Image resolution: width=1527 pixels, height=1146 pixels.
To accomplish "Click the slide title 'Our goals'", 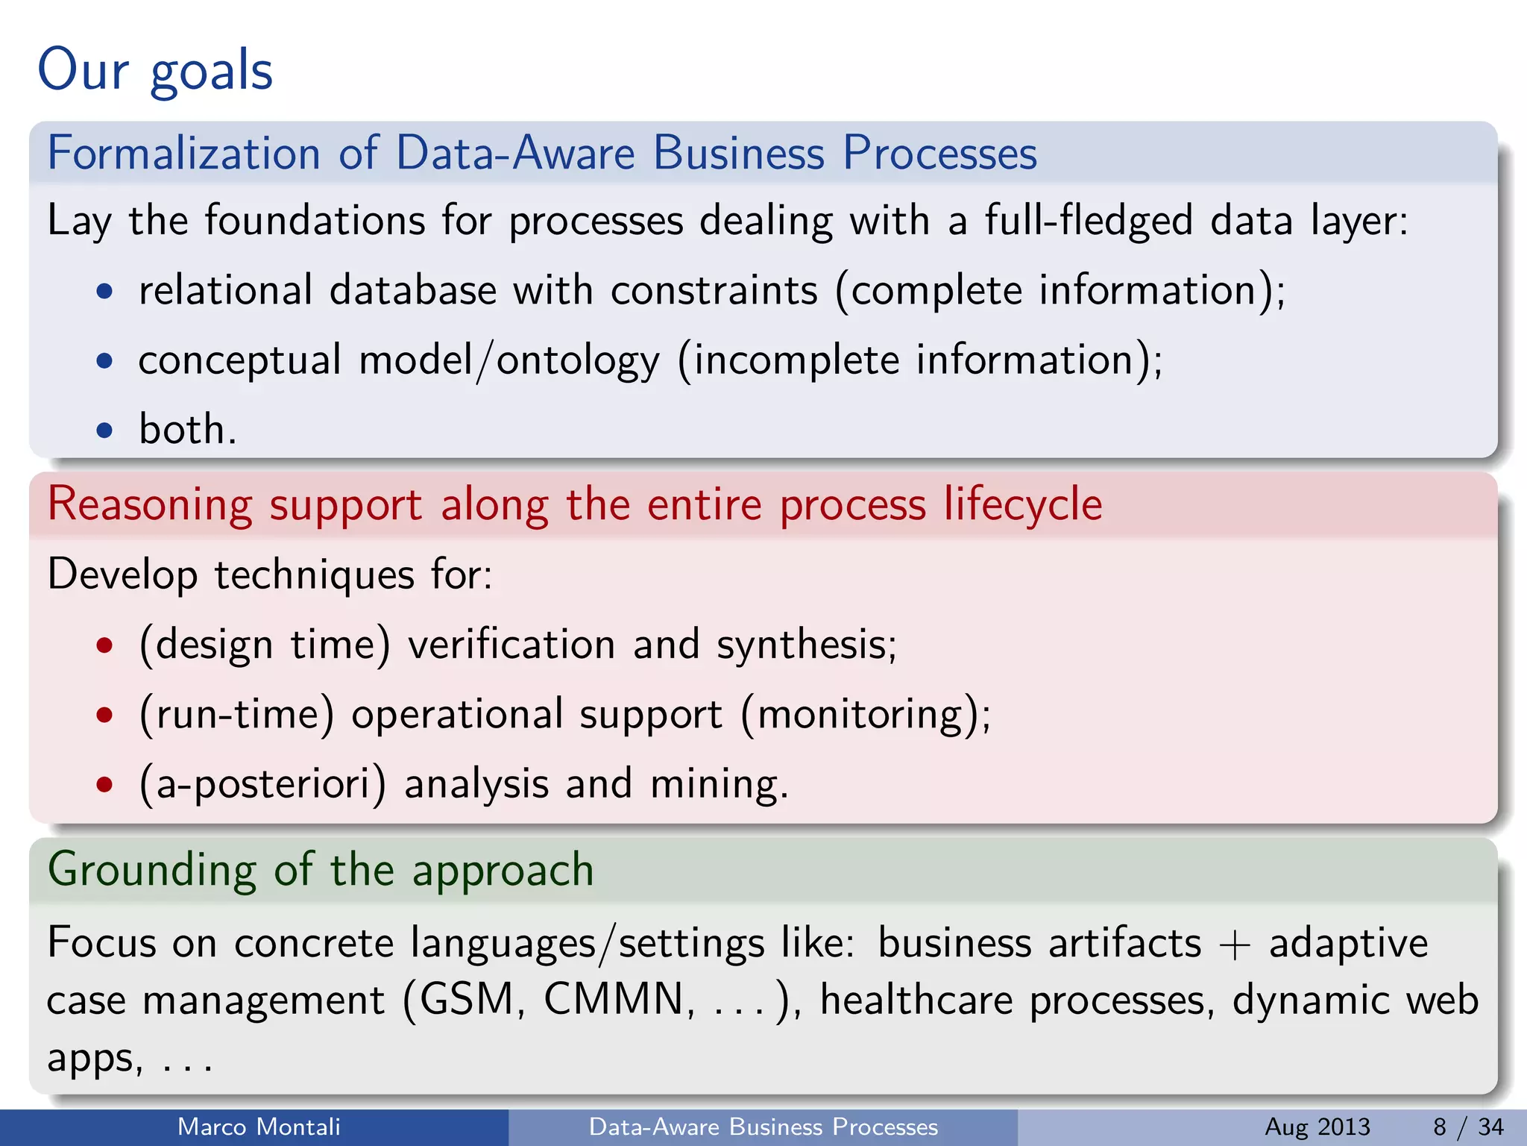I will [155, 69].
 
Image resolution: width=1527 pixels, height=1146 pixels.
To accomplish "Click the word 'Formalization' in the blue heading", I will [183, 153].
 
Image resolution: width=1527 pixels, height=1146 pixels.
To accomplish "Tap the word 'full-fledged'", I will [1089, 221].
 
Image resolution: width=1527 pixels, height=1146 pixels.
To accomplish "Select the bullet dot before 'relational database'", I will [105, 292].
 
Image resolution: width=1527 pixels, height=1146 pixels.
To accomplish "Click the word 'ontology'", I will [578, 361].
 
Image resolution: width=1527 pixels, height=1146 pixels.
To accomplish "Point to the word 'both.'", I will [187, 430].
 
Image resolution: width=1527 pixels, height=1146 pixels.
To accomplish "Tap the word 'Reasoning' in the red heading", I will [149, 505].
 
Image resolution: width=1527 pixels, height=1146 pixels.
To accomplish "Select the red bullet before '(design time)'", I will [105, 645].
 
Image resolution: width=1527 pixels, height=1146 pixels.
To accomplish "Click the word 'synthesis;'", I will [806, 644].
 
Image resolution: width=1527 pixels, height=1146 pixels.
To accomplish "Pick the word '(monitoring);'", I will [866, 715].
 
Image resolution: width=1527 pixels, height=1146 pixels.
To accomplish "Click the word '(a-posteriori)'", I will [262, 784].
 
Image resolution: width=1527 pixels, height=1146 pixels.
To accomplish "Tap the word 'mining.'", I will [719, 784].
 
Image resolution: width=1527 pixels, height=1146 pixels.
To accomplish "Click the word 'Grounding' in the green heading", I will [151, 871].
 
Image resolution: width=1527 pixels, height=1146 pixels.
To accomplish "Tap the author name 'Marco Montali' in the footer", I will [259, 1127].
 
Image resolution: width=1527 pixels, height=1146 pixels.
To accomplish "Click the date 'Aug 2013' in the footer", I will [1317, 1127].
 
